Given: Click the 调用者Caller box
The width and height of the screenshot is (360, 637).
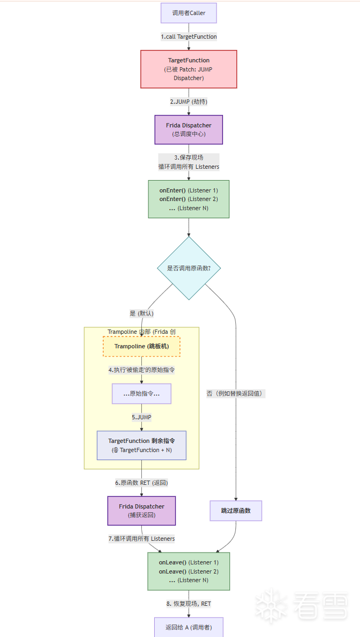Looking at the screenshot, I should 189,13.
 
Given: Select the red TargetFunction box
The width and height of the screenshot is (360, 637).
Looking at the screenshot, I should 189,69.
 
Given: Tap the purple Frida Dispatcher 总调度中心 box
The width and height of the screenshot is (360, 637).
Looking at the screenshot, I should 189,130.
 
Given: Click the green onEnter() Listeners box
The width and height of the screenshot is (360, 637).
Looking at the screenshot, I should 189,199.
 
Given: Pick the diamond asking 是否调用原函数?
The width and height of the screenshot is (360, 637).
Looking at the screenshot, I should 189,268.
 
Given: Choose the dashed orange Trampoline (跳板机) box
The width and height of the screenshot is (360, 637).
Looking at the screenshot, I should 141,346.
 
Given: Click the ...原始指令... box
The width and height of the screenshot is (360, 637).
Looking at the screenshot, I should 141,393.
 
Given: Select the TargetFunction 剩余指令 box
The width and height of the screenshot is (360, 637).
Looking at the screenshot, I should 141,445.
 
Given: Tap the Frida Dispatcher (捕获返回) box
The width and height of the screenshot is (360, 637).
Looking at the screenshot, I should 141,511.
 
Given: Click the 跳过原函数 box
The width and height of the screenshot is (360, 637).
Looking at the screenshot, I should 235,511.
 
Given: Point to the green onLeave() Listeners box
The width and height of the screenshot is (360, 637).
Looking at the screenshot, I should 189,571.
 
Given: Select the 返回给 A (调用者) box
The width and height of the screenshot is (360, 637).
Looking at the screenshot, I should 189,627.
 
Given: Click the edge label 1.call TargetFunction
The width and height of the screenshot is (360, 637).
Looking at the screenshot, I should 189,37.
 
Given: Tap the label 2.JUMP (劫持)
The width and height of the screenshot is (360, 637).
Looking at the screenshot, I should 189,101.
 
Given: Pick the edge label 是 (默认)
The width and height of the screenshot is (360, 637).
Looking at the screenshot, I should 142,313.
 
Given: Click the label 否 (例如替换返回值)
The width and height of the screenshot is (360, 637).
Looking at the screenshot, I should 236,393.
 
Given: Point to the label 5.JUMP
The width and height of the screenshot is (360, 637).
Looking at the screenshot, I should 141,417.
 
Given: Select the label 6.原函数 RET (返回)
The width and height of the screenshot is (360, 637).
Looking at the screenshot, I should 141,483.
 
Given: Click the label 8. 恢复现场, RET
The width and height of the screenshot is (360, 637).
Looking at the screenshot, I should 189,604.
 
